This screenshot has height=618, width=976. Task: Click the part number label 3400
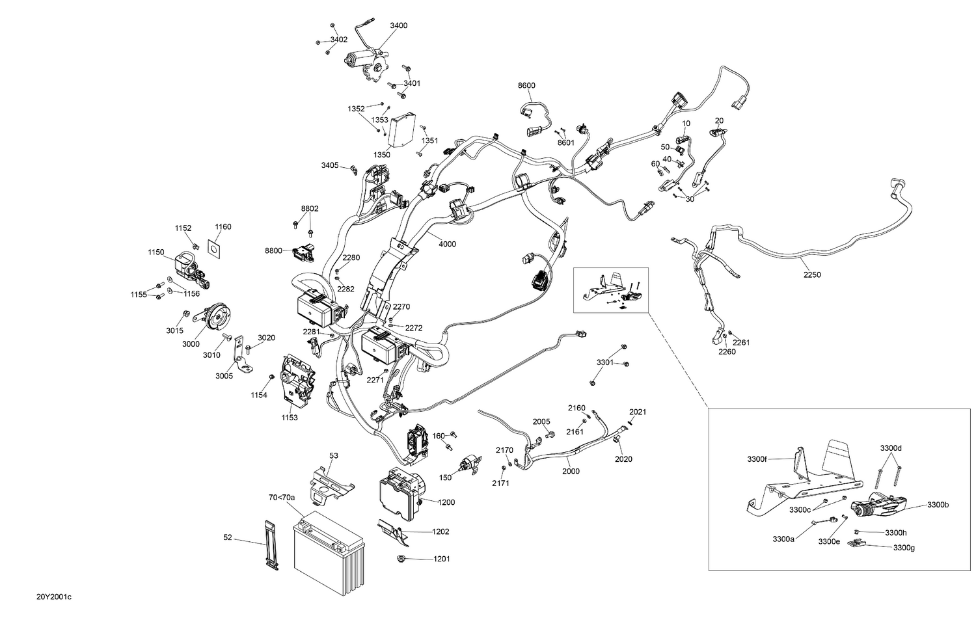click(398, 25)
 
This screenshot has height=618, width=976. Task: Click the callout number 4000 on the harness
click(447, 245)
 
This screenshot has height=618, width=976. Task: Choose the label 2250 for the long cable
click(811, 275)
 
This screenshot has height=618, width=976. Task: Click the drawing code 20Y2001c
click(54, 597)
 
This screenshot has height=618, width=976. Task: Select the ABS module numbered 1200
click(401, 494)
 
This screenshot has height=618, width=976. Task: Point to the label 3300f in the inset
click(757, 459)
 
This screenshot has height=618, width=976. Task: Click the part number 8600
click(526, 86)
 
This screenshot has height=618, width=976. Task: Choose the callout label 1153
click(290, 418)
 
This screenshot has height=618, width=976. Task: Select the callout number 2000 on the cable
click(571, 471)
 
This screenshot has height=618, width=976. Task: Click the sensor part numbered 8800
click(306, 250)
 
